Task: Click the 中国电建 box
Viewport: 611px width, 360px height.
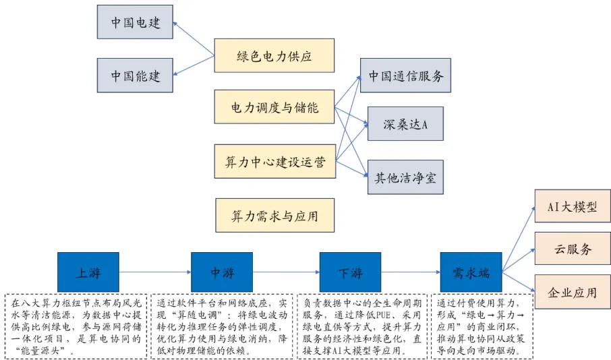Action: coord(135,22)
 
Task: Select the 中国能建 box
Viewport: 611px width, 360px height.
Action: coord(135,75)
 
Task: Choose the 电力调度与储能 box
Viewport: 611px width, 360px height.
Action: coord(274,107)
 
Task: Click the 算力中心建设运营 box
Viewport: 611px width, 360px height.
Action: coord(274,162)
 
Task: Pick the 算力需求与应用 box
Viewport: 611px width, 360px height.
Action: coord(274,216)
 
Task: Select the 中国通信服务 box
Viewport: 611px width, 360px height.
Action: coord(405,76)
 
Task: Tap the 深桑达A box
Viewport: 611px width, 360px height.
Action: coord(405,123)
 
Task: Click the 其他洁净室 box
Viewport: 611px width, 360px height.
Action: coord(405,177)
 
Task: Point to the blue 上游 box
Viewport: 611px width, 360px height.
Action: coord(88,272)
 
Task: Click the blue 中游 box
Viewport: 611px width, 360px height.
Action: coord(222,272)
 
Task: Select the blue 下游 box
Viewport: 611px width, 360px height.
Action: coord(349,272)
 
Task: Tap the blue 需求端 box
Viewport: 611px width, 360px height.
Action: coord(471,272)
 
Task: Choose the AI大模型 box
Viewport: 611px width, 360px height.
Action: coord(572,206)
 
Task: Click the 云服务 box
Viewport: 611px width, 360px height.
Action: coord(572,249)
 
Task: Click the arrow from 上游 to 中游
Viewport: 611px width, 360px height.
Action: coord(155,272)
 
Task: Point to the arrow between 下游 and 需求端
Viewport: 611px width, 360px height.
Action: coord(410,272)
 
